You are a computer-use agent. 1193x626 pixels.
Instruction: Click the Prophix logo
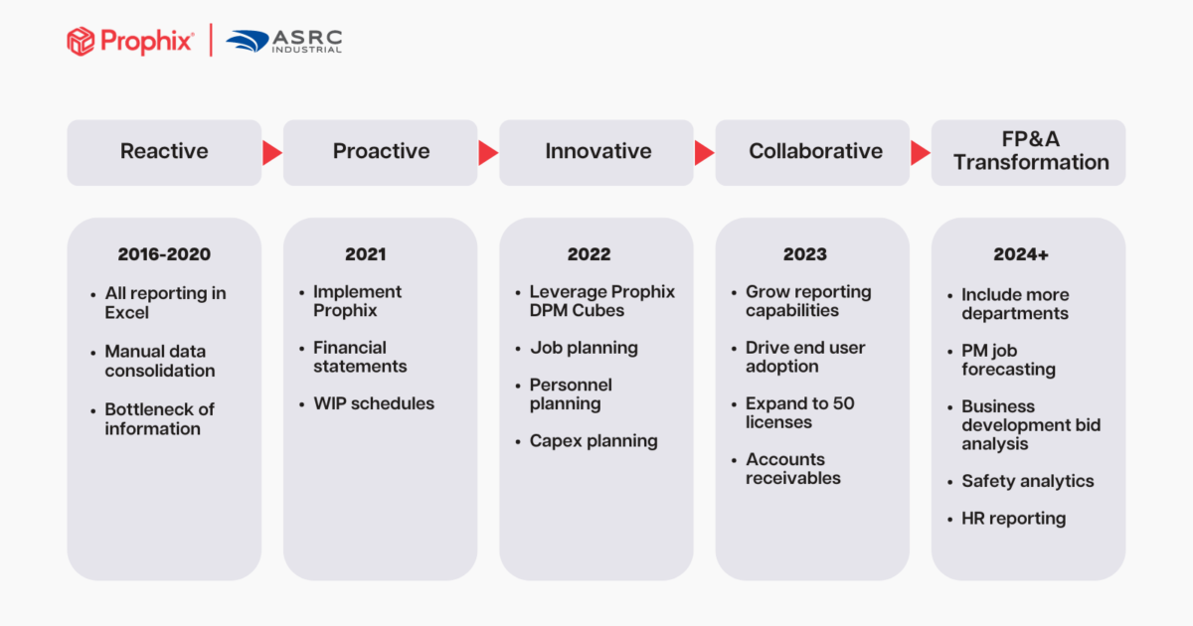click(129, 41)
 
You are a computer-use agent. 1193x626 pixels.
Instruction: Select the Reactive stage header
click(164, 152)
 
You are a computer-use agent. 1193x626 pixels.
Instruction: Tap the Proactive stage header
click(381, 152)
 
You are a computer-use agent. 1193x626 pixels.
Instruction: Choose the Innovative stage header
click(597, 152)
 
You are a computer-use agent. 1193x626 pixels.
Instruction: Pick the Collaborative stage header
click(814, 152)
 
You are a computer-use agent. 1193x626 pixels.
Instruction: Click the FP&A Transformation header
click(1030, 152)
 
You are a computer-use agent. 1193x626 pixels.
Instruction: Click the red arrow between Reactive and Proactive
click(271, 152)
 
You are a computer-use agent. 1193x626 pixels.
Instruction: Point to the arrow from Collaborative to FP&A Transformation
click(921, 152)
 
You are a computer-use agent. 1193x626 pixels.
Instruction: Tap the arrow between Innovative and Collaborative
click(704, 152)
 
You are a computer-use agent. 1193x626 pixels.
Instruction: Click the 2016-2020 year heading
click(164, 254)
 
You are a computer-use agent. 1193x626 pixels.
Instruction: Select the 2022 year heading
click(589, 254)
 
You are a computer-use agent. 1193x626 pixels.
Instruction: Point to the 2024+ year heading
click(1021, 254)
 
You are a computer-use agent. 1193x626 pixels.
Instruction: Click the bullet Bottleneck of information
click(159, 419)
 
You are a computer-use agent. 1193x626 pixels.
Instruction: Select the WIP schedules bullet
click(373, 403)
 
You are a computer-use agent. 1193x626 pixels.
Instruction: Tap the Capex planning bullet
click(593, 441)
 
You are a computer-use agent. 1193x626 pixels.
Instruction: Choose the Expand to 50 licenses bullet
click(799, 413)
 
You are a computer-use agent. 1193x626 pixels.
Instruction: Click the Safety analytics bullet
click(1027, 481)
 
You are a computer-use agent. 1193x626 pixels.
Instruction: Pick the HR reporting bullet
click(1013, 519)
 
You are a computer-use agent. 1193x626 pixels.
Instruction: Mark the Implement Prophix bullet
click(357, 301)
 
